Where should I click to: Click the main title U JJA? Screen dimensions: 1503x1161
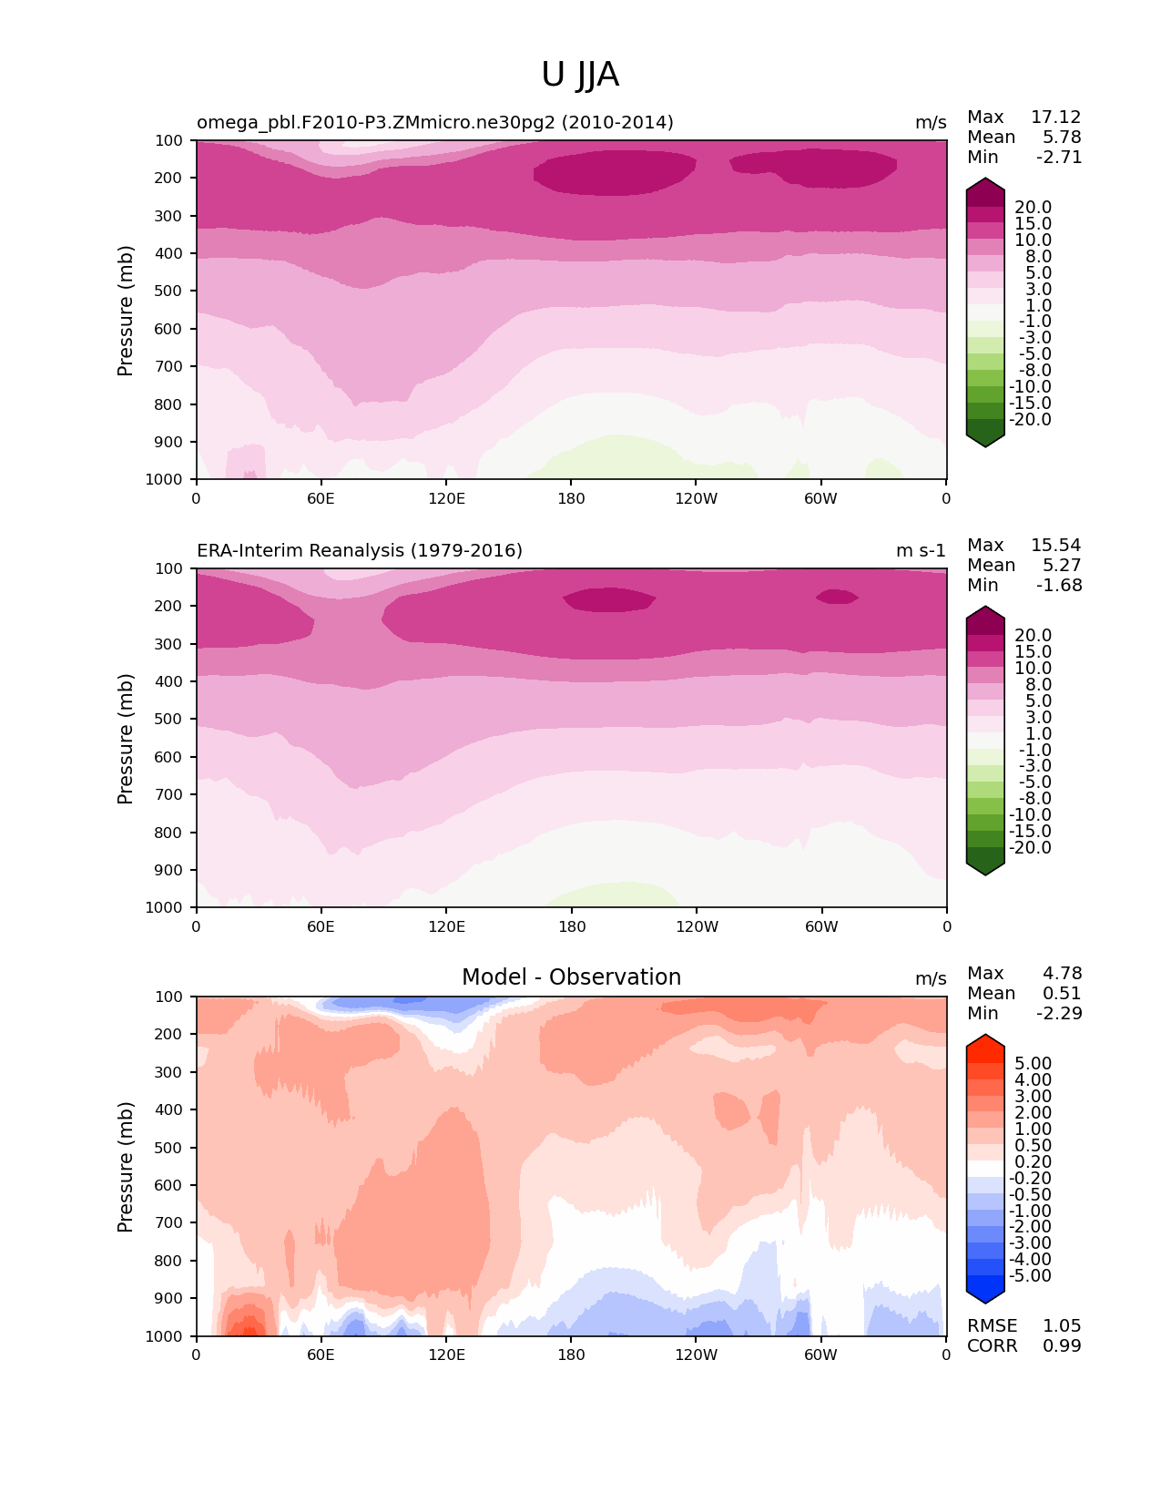(x=580, y=75)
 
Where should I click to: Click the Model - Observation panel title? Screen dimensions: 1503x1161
(x=571, y=977)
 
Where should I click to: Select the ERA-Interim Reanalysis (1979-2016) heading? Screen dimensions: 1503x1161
(x=360, y=551)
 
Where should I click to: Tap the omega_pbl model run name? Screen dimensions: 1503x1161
(x=434, y=123)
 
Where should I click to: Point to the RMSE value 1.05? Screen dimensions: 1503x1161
(x=1062, y=1326)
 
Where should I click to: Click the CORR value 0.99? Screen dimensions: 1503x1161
(x=1062, y=1346)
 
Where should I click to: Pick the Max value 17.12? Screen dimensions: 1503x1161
(x=1055, y=118)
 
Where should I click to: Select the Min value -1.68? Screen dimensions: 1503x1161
(x=1059, y=586)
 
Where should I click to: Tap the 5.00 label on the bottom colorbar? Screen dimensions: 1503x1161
(x=1033, y=1064)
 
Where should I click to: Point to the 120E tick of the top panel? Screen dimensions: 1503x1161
(x=446, y=498)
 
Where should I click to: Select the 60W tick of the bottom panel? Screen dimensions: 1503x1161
(x=820, y=1355)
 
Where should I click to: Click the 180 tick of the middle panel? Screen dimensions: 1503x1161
(x=571, y=926)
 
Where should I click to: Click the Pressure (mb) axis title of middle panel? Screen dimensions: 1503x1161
(x=126, y=739)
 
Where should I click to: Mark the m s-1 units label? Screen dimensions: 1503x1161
(x=921, y=551)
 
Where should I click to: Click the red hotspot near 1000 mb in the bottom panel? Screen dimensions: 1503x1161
(x=244, y=1325)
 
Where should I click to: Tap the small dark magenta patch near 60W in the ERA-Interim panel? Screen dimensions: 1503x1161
(x=836, y=597)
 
